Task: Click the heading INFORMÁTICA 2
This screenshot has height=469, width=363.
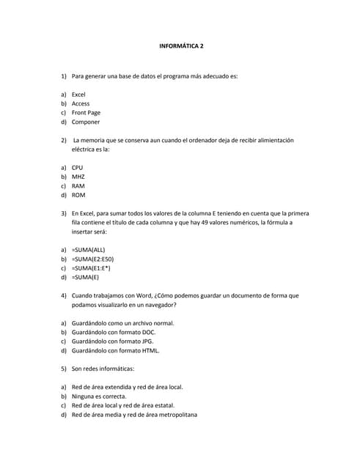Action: (x=181, y=46)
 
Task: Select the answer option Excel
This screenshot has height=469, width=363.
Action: (x=78, y=95)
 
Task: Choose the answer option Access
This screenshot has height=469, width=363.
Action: (x=81, y=103)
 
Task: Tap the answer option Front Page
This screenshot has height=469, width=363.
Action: (x=86, y=113)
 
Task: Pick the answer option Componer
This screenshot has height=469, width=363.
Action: (x=85, y=122)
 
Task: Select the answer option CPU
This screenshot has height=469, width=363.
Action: (x=77, y=168)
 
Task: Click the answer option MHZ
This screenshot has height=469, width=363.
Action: (x=78, y=177)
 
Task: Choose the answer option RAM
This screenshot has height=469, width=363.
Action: (x=78, y=186)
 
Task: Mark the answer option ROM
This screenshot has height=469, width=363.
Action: (x=78, y=195)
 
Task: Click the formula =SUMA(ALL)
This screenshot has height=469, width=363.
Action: (x=88, y=250)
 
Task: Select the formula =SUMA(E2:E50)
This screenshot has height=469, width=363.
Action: (x=92, y=259)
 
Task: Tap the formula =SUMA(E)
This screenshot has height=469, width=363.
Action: (x=85, y=277)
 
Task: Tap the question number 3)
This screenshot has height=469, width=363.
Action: (x=64, y=213)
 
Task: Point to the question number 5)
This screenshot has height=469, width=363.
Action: (x=64, y=369)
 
